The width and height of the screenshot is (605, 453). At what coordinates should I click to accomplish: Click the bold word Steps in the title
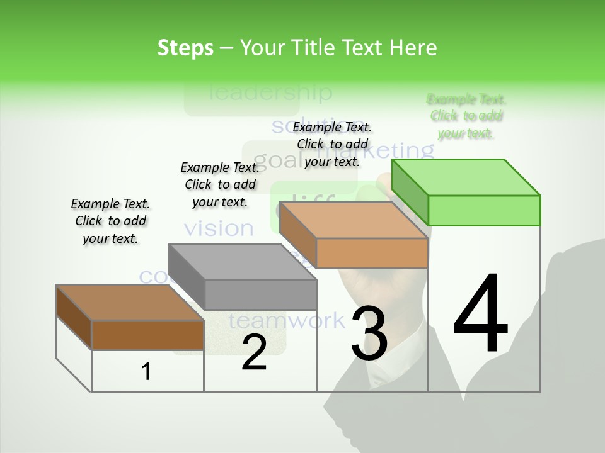point(185,48)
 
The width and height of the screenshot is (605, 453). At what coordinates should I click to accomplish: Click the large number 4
point(480,315)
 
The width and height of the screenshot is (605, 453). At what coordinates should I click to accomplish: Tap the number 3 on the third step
point(369,333)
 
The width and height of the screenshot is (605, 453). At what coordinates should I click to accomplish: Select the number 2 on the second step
point(254,353)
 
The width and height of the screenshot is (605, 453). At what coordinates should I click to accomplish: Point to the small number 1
point(146,372)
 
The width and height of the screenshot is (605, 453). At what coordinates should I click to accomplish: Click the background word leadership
point(270,93)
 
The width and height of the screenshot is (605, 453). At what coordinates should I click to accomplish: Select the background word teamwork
point(287,321)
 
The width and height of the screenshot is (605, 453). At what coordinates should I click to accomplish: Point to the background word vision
point(219,228)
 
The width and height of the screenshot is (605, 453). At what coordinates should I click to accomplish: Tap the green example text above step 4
point(466,116)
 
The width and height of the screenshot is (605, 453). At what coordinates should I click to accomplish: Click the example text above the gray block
point(220,184)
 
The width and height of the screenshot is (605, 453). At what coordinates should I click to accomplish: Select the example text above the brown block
point(110,221)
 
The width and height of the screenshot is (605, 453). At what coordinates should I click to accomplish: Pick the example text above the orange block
point(332,144)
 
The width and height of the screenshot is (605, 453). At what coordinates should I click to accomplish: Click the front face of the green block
point(484,210)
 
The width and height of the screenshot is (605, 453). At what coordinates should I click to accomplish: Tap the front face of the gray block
point(261,294)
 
